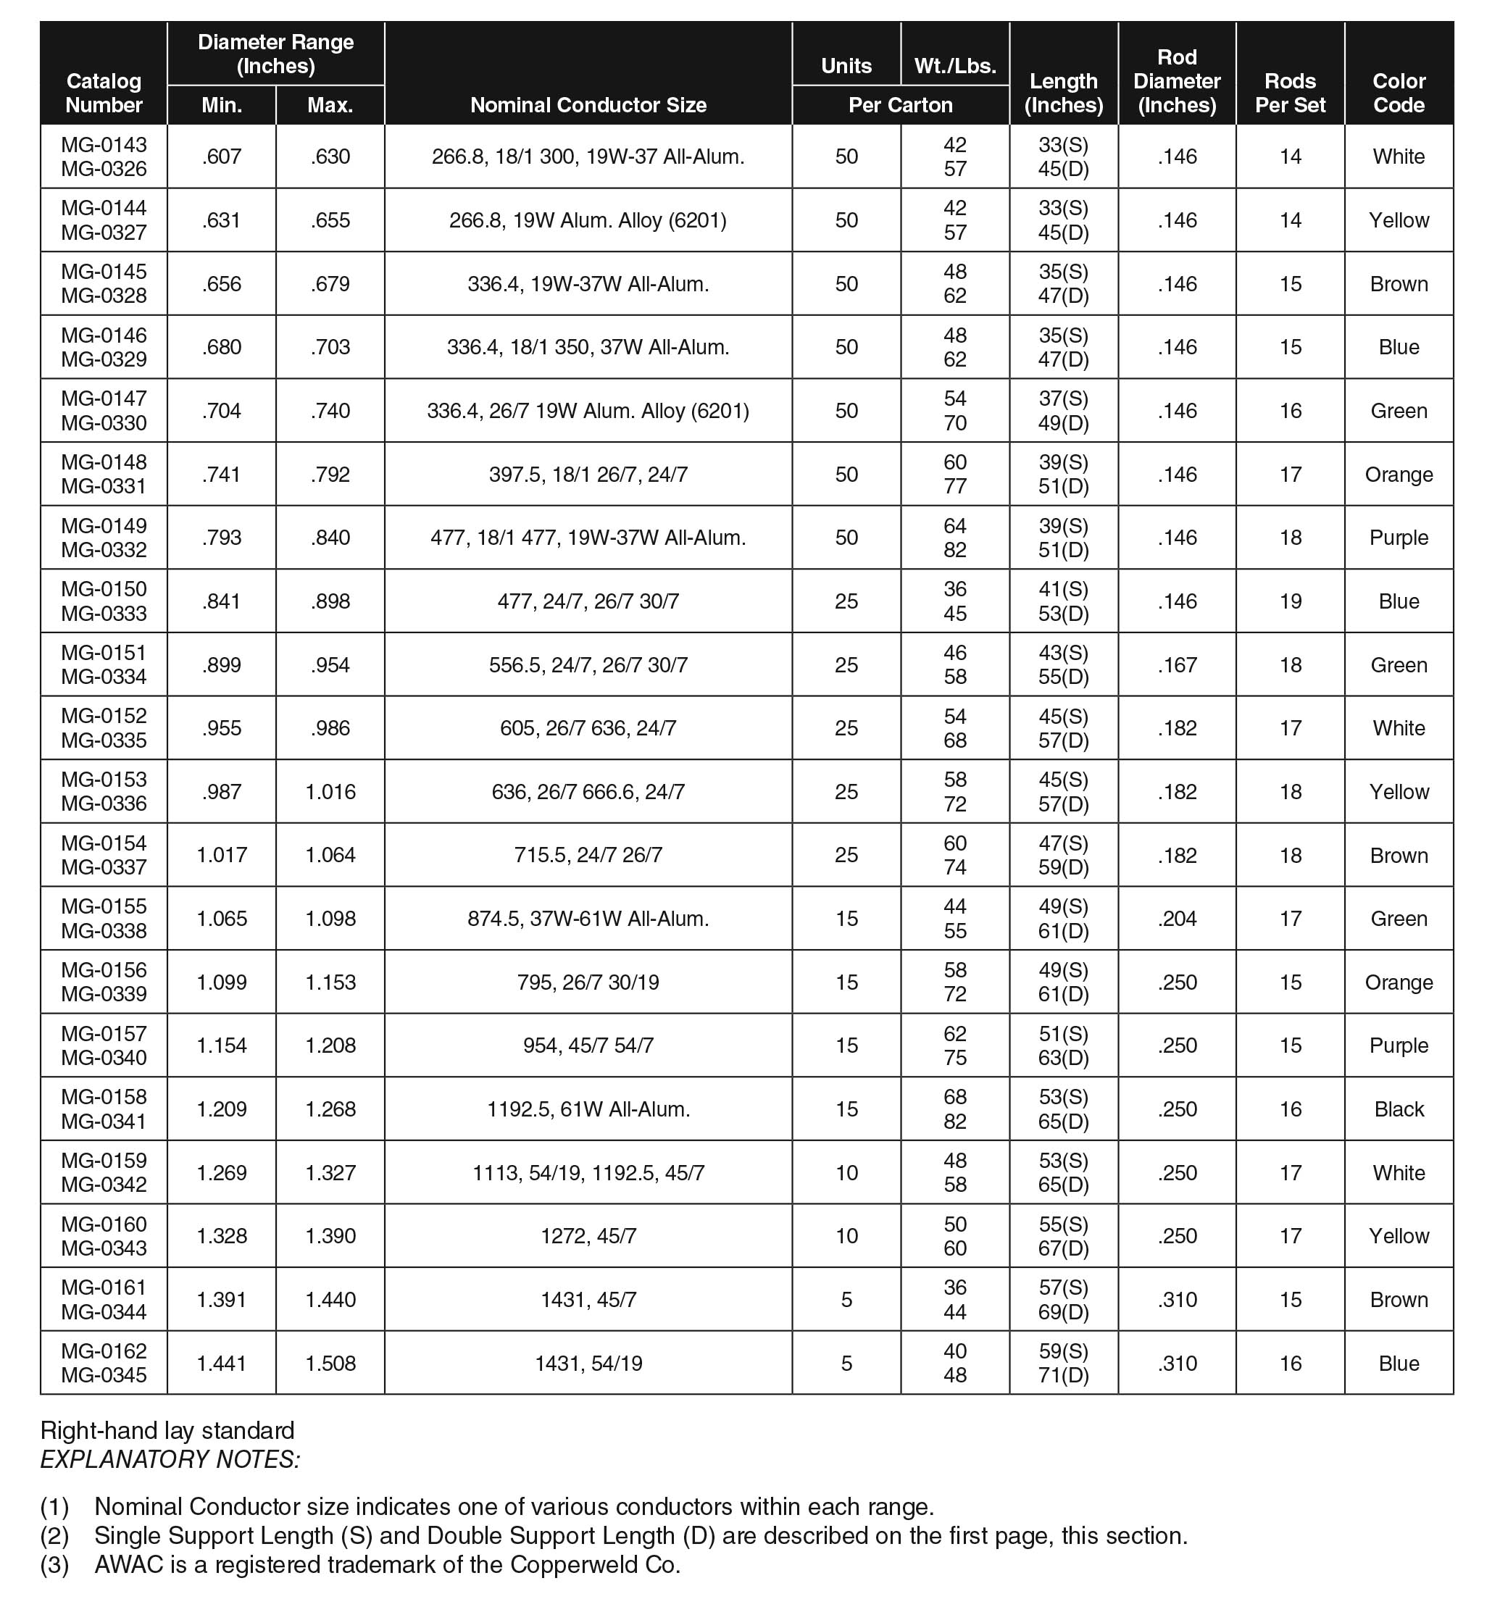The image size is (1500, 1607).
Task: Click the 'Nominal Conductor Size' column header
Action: pos(588,105)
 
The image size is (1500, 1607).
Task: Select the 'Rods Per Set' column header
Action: pos(1290,93)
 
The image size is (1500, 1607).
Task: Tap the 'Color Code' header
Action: pos(1398,93)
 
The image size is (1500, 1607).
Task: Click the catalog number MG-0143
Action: pos(104,145)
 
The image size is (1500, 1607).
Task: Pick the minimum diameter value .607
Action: pos(222,156)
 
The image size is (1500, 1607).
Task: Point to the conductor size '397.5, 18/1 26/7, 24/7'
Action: pos(588,475)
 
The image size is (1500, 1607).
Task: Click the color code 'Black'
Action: pos(1398,1109)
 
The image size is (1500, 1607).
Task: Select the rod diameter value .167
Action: pos(1177,665)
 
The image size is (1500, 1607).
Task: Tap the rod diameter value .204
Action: pos(1177,919)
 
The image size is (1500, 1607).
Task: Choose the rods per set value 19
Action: pos(1290,601)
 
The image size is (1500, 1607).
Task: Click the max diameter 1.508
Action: pos(330,1364)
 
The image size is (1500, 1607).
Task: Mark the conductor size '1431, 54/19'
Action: pos(588,1364)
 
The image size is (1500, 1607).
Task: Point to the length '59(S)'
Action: pos(1063,1351)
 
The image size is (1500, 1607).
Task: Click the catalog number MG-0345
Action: pos(104,1376)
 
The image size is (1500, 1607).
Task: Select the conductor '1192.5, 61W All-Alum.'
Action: pos(588,1109)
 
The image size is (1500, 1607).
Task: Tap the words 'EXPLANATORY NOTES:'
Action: pos(170,1459)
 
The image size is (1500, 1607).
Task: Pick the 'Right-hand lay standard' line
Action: pos(167,1431)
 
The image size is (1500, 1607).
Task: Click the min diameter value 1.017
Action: pos(222,855)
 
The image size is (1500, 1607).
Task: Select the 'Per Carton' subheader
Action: pos(900,105)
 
